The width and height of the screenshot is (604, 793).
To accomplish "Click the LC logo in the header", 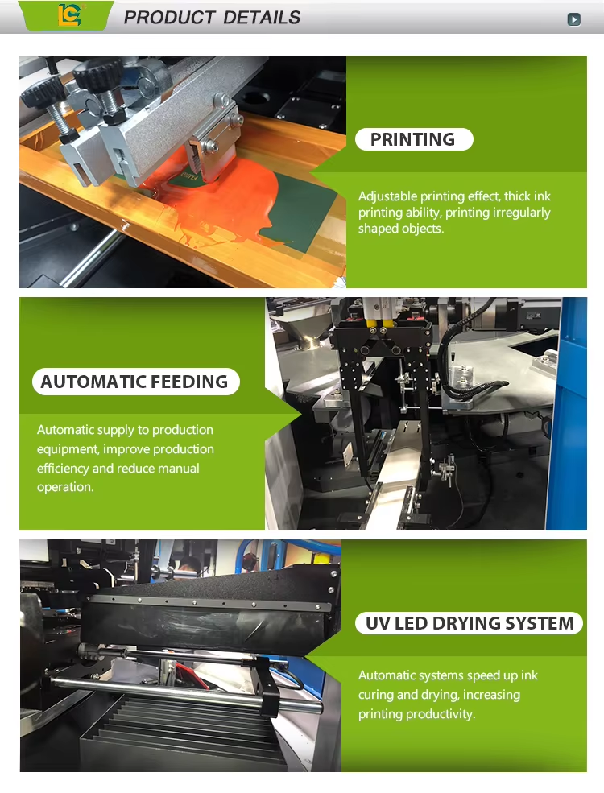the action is (x=68, y=15).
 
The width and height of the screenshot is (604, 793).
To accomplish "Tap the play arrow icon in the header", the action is (x=573, y=19).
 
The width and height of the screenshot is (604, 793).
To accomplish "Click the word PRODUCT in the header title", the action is (x=169, y=17).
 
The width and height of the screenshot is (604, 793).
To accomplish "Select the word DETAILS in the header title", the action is (x=262, y=17).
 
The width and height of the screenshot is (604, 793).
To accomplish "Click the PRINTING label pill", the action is (x=414, y=139).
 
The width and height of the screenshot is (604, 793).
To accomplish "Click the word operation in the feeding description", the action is (x=64, y=487).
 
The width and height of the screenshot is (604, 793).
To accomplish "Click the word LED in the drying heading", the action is (x=412, y=623).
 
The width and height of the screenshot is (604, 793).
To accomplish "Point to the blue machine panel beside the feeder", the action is (x=567, y=413).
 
